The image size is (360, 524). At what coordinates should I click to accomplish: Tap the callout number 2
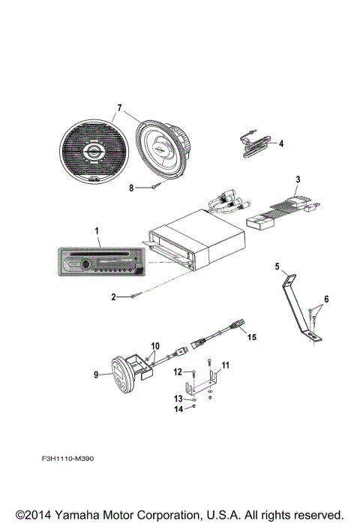click(x=114, y=297)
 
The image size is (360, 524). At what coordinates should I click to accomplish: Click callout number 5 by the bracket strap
click(x=276, y=266)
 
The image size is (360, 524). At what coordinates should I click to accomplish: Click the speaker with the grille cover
click(x=92, y=152)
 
